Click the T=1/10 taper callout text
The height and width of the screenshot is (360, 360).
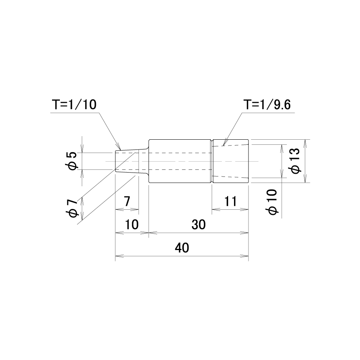coord(74,105)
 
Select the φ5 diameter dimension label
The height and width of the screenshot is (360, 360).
coord(72,161)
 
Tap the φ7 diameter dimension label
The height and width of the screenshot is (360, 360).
coord(72,208)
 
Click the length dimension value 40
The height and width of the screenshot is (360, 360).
coord(182,248)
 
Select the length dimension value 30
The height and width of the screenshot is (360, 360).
coord(199,225)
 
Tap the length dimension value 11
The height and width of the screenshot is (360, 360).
coord(230,202)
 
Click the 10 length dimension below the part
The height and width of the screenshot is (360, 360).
coord(132,225)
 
